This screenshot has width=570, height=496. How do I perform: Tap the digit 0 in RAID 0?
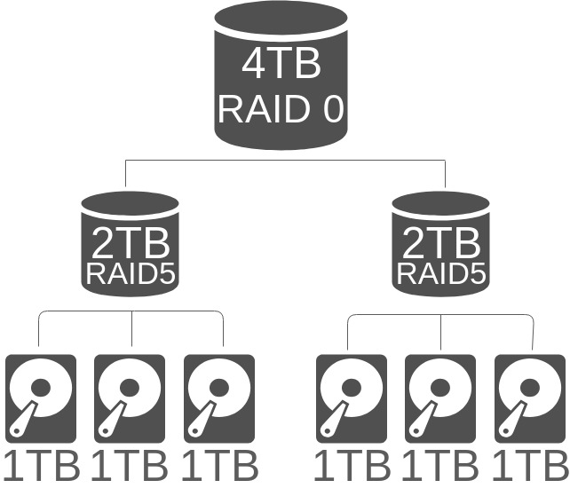click(330, 109)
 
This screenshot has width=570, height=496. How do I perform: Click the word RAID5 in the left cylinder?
click(131, 273)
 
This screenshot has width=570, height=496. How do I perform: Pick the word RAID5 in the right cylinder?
click(441, 273)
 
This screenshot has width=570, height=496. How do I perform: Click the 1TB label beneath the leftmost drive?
click(41, 467)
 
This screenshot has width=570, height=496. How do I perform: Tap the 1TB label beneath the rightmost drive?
click(530, 467)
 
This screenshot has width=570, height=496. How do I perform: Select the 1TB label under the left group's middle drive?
click(130, 467)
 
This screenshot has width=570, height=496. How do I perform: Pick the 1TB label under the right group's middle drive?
click(441, 467)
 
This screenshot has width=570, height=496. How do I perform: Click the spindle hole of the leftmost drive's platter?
click(41, 389)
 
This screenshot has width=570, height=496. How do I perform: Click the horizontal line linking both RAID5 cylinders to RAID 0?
click(284, 161)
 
